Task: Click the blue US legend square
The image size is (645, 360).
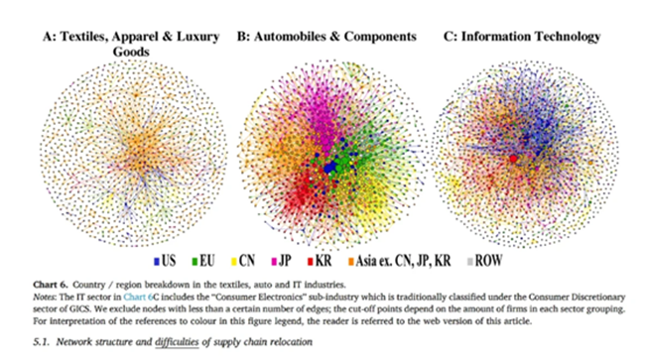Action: [157, 262]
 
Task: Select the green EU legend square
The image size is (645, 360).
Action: [194, 262]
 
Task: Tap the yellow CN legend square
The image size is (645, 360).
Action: [233, 262]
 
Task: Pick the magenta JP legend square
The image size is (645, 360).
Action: [274, 262]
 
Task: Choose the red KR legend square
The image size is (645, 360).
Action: [311, 262]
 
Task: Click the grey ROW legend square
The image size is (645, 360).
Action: [469, 262]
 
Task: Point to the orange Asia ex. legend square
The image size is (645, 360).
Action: [351, 262]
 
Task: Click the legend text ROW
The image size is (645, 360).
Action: [488, 261]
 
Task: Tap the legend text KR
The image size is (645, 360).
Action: [323, 261]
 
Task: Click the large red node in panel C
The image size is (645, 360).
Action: [513, 159]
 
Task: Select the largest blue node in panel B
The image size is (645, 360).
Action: [328, 168]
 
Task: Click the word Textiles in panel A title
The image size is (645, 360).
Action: [83, 37]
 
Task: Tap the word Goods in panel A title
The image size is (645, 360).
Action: [131, 52]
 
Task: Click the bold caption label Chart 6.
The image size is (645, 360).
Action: [51, 285]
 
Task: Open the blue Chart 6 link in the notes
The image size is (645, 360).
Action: [138, 297]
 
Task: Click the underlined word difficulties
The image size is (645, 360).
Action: [177, 342]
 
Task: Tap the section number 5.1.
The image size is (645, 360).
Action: [42, 342]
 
